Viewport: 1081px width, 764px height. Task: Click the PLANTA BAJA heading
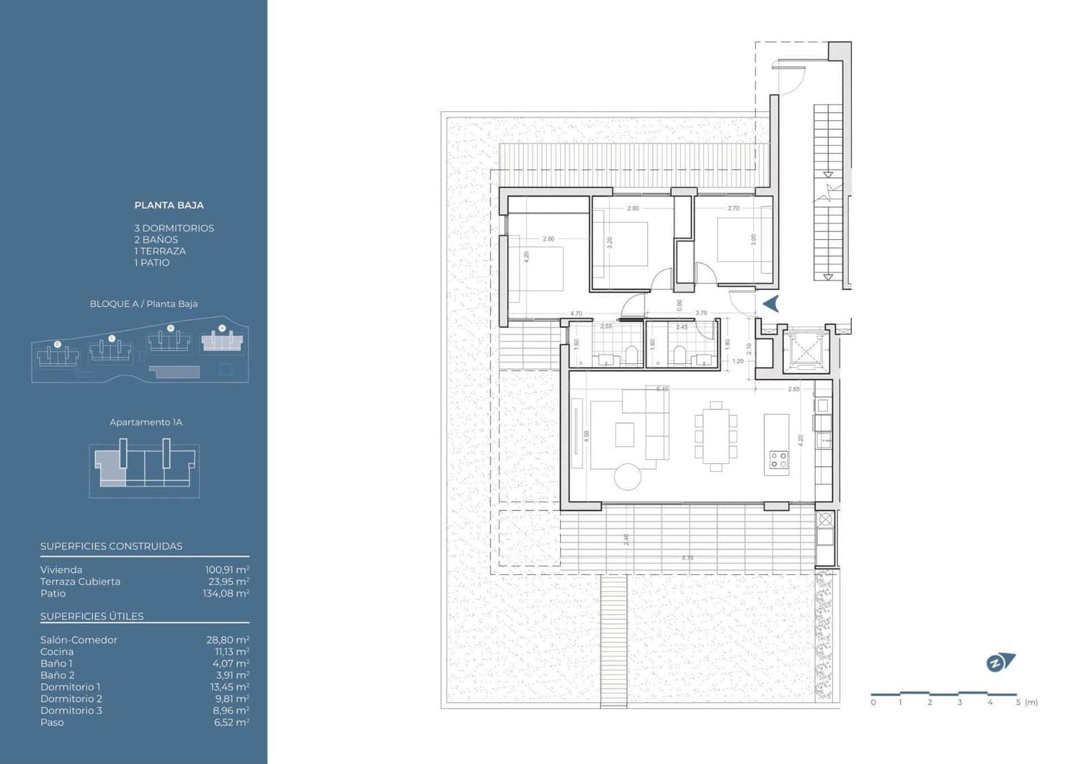169,206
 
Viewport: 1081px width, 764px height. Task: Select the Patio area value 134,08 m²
226,594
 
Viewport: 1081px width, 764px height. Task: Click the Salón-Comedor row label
78,640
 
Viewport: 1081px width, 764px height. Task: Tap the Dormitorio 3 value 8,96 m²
231,711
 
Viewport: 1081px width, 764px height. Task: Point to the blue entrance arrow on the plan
771,304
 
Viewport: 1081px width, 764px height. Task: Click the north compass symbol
1000,663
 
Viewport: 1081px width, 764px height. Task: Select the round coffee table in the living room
628,477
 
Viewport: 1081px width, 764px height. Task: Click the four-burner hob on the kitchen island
778,460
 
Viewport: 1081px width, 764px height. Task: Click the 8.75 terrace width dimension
687,558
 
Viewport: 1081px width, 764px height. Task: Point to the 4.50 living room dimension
586,437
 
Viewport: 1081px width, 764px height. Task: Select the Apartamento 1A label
146,423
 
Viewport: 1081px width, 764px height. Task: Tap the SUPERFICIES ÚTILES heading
92,617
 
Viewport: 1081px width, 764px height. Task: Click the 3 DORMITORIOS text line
174,229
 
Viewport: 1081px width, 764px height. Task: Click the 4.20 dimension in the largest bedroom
526,257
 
